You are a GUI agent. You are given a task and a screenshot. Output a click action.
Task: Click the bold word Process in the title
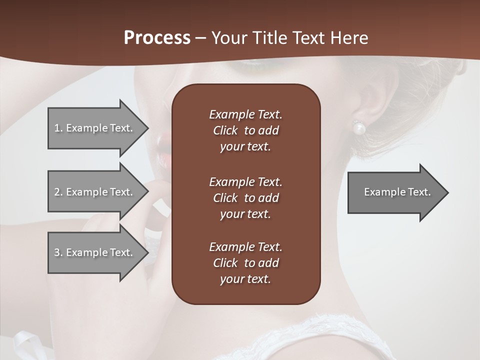pyautogui.click(x=157, y=38)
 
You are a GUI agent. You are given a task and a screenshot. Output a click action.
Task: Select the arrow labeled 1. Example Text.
pyautogui.click(x=95, y=128)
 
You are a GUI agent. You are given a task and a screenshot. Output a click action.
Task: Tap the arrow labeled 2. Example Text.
pyautogui.click(x=95, y=192)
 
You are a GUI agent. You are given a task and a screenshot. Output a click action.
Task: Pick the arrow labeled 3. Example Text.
pyautogui.click(x=95, y=252)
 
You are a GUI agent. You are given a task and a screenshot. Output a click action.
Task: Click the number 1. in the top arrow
pyautogui.click(x=58, y=128)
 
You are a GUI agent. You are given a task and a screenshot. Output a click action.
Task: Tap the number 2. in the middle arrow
pyautogui.click(x=58, y=192)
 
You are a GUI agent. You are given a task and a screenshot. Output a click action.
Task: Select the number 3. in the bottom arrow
pyautogui.click(x=58, y=252)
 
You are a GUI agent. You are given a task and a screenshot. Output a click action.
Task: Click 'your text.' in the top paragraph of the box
pyautogui.click(x=245, y=147)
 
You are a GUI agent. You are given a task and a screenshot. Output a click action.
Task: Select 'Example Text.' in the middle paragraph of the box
pyautogui.click(x=245, y=181)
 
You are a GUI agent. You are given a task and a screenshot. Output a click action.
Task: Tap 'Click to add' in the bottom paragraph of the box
pyautogui.click(x=245, y=263)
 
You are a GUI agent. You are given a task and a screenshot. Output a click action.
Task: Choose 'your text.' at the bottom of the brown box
pyautogui.click(x=245, y=279)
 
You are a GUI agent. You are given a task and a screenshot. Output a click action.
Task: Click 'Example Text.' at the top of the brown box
pyautogui.click(x=245, y=114)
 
